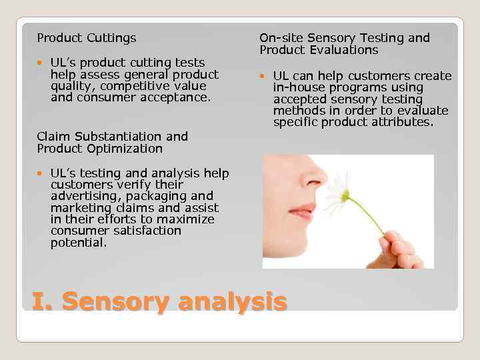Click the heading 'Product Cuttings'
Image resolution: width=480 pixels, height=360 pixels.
pos(87,38)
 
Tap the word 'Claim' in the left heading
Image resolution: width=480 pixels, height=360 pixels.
pos(53,136)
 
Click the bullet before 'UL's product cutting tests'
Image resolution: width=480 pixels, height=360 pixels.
pos(41,63)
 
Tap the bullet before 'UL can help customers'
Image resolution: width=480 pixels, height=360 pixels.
pos(264,76)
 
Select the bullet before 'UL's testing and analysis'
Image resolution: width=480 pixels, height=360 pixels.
pos(41,173)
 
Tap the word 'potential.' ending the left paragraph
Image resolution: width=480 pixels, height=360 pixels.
pos(79,243)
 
